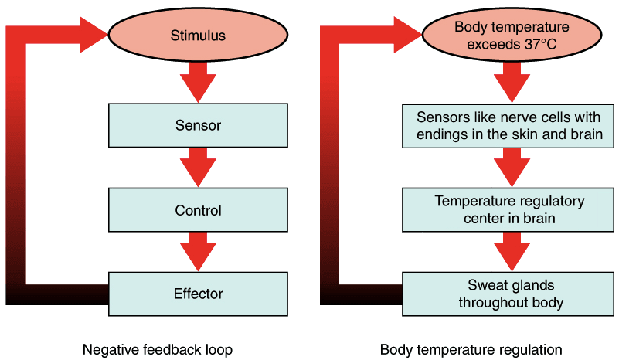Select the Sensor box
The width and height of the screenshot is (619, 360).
point(199,124)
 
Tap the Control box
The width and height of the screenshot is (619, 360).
point(199,210)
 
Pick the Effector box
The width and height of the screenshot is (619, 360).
point(199,294)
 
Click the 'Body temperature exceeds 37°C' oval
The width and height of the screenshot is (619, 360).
point(501,35)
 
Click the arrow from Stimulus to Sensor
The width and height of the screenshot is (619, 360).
point(198,82)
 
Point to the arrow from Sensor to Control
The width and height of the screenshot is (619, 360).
point(198,167)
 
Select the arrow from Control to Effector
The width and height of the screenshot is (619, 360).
point(198,252)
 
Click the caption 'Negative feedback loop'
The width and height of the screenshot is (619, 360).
point(158,349)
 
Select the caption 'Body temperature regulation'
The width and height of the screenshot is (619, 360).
point(471,349)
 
